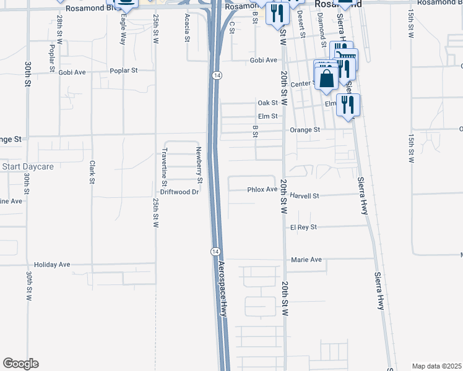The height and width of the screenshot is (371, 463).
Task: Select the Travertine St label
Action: [165, 166]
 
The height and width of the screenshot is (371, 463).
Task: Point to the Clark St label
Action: [92, 173]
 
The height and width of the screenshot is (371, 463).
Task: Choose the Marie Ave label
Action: [306, 260]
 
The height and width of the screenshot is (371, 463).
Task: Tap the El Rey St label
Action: [303, 228]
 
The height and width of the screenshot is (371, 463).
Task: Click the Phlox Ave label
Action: [262, 190]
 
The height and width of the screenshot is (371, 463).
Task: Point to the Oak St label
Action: [268, 103]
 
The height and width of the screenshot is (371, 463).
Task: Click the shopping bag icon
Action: [326, 79]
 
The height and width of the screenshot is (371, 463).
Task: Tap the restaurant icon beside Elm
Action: [348, 104]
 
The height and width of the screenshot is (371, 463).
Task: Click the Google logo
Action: [20, 364]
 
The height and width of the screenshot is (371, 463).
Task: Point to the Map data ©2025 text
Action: [436, 365]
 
